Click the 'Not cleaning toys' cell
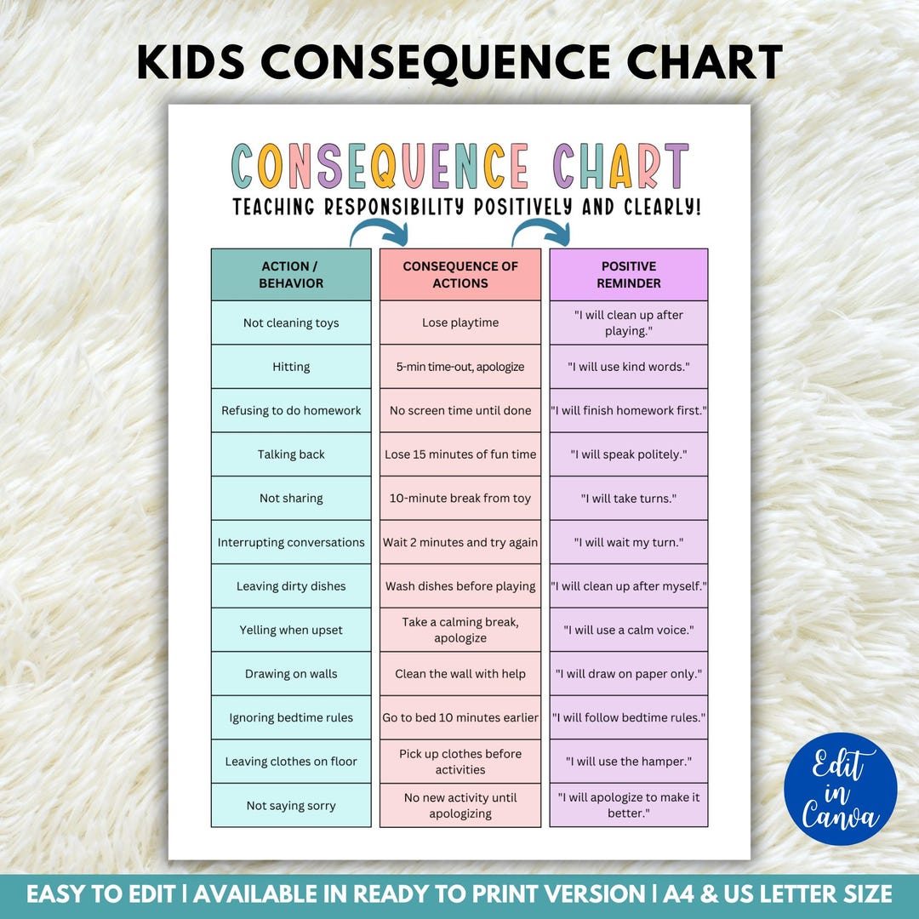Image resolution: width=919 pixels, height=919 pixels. tap(291, 323)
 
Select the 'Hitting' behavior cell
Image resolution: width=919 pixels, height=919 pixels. tap(291, 367)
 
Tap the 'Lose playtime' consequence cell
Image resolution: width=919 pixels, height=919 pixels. tap(460, 323)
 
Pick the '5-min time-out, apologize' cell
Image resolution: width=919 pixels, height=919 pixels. tap(460, 367)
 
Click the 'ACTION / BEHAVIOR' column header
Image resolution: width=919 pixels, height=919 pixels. tap(291, 275)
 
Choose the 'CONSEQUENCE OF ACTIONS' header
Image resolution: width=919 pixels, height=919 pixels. tap(460, 275)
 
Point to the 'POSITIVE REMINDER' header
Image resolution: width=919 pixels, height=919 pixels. tap(629, 275)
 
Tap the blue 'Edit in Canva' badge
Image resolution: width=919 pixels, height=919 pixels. tap(841, 789)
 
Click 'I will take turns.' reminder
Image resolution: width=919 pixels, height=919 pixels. tap(629, 499)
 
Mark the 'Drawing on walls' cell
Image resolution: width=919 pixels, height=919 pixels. tap(291, 674)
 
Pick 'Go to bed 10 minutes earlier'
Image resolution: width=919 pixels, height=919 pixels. tap(460, 718)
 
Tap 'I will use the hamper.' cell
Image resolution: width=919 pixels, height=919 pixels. tap(629, 762)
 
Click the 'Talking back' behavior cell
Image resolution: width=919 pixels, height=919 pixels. tap(291, 454)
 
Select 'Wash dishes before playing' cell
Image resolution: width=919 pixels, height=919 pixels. tap(460, 586)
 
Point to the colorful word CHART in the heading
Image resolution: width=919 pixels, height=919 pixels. tap(619, 166)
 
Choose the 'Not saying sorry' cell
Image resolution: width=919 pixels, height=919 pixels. tap(291, 806)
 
